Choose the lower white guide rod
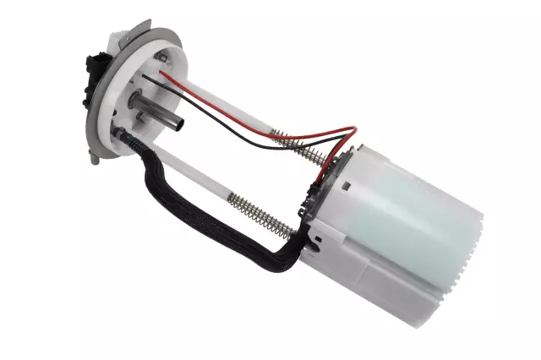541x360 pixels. click(194, 183)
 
